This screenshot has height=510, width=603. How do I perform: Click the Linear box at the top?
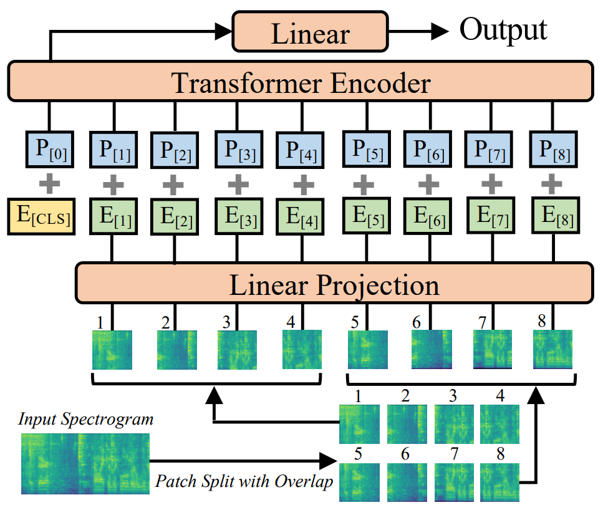310,32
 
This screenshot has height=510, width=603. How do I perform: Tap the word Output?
503,29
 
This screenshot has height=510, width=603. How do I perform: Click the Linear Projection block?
333,284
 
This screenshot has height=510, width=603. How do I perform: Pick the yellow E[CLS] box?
42,216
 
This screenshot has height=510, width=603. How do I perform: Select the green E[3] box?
237,216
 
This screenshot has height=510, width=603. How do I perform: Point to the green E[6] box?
428,216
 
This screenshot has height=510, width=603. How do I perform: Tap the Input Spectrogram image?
85,461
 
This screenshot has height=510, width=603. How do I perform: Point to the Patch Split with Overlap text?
243,481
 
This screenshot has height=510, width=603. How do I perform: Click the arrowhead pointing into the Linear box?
223,29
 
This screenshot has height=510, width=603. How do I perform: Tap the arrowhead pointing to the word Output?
440,29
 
